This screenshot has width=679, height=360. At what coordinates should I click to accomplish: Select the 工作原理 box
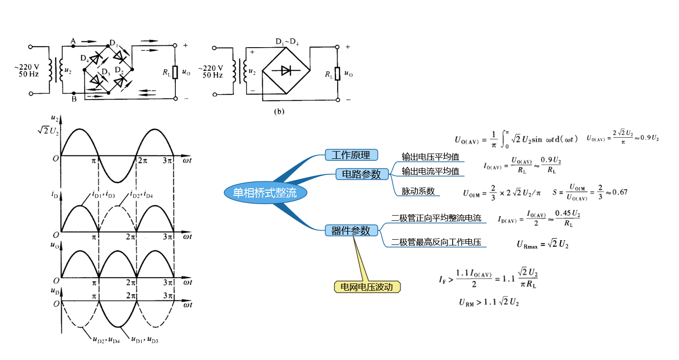(x=351, y=155)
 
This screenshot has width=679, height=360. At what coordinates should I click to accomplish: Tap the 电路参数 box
(x=361, y=174)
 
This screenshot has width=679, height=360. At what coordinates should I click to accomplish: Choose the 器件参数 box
(x=351, y=231)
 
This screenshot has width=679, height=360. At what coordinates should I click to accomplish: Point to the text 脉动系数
(x=418, y=191)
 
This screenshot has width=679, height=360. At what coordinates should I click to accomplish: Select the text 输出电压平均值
(x=431, y=157)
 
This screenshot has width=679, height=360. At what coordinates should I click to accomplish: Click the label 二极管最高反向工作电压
(x=436, y=243)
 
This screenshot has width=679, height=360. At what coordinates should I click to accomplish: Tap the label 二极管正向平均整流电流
(x=436, y=218)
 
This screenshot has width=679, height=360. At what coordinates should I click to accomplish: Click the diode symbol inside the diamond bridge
(x=286, y=72)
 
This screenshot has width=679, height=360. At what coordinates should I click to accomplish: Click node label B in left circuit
(x=74, y=100)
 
